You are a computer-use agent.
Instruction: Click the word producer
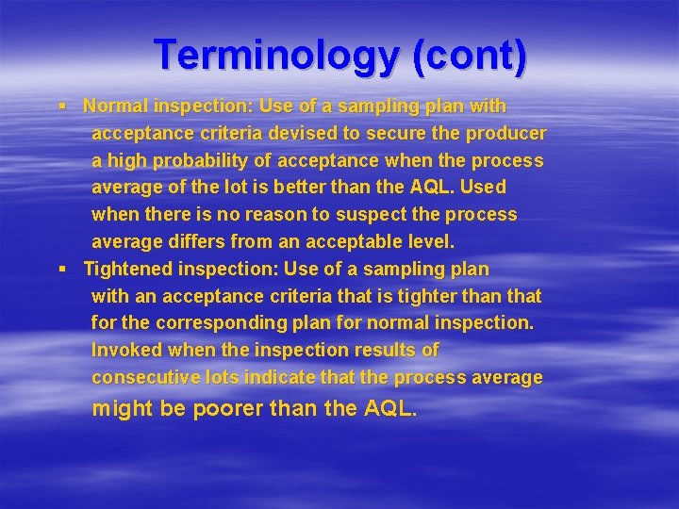coord(502,133)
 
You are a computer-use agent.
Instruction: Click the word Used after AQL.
coord(484,188)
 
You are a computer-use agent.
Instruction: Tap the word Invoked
coord(127,350)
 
